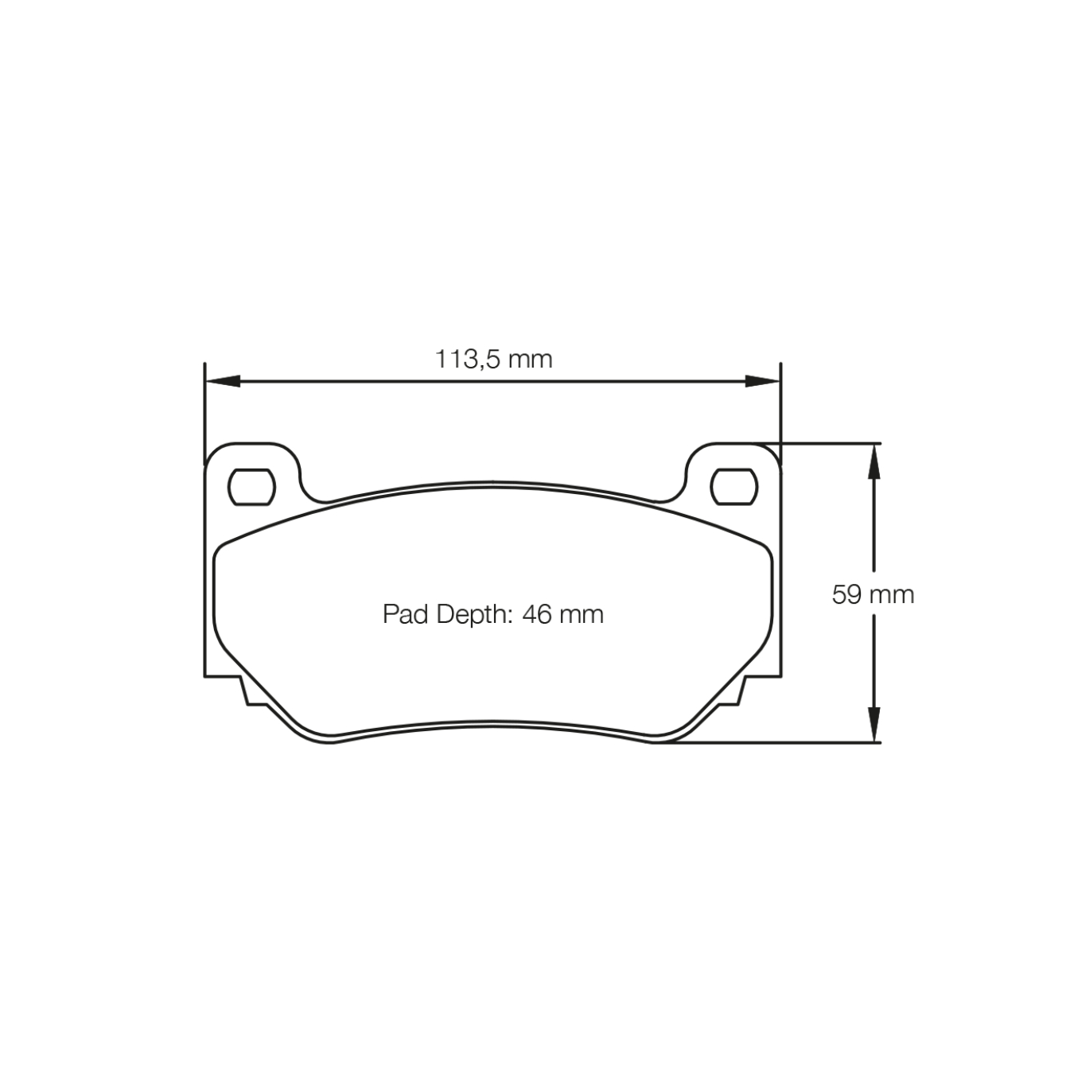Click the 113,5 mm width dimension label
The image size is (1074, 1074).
(493, 360)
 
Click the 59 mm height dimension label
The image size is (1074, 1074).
(873, 594)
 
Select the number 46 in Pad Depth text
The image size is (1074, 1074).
(537, 614)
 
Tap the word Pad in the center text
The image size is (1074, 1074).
(406, 614)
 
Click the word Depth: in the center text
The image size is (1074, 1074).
(474, 614)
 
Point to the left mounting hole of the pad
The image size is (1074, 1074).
(251, 487)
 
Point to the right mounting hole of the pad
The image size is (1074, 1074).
(734, 487)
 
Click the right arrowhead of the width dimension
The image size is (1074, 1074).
(762, 381)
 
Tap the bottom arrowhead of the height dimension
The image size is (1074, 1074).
(874, 726)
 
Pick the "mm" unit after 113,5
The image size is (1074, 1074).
(530, 360)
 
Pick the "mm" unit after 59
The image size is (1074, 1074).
(892, 594)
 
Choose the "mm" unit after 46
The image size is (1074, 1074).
(581, 614)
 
